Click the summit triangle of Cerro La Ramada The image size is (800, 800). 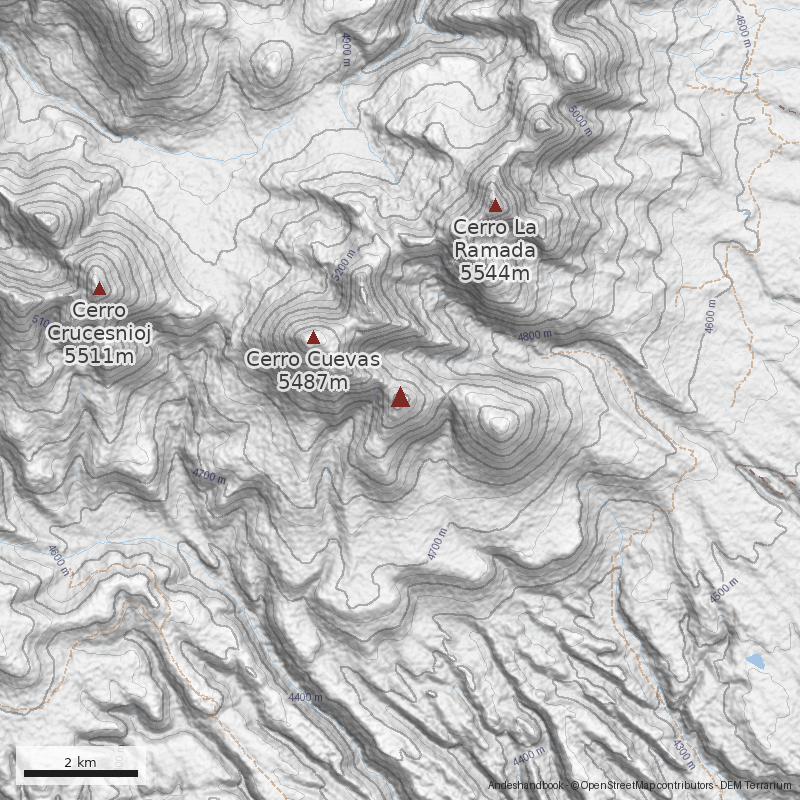494,205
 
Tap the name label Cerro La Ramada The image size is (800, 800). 494,238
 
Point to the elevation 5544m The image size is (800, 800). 494,270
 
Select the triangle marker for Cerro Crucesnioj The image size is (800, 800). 99,288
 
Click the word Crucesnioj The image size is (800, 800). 98,332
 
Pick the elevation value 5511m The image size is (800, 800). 98,354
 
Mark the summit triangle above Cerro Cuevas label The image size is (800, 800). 313,338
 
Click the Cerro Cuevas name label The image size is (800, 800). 312,360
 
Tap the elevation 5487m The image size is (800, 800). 312,382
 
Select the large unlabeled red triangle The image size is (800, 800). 400,398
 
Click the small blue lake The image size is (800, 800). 754,661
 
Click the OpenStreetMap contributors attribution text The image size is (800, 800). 644,786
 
